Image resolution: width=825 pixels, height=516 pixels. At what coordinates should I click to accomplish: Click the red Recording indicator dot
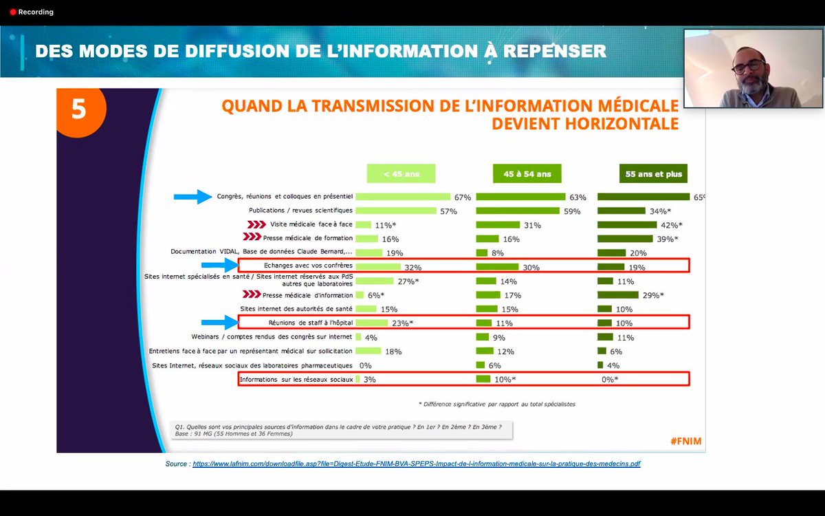click(x=12, y=12)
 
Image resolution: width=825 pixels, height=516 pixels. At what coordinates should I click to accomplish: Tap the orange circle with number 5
click(x=80, y=110)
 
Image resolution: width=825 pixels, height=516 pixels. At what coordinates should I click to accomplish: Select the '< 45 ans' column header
click(x=402, y=174)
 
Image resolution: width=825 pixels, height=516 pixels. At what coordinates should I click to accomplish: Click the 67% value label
click(x=462, y=197)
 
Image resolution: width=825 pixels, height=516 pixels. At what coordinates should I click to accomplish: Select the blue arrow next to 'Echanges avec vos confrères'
click(x=219, y=266)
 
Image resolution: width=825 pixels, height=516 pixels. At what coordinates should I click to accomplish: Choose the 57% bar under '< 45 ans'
click(x=395, y=211)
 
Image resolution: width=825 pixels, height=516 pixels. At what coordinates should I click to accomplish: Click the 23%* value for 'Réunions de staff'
click(x=402, y=323)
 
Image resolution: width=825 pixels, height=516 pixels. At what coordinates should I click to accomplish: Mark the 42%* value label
click(x=670, y=225)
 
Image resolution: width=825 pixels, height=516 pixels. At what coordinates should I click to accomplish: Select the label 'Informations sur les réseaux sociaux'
click(x=296, y=379)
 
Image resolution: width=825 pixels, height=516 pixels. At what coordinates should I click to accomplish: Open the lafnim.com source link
click(x=416, y=464)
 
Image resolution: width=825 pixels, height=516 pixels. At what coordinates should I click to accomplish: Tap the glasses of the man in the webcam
click(x=748, y=67)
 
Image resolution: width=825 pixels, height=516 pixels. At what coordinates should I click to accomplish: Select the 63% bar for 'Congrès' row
click(x=520, y=197)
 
